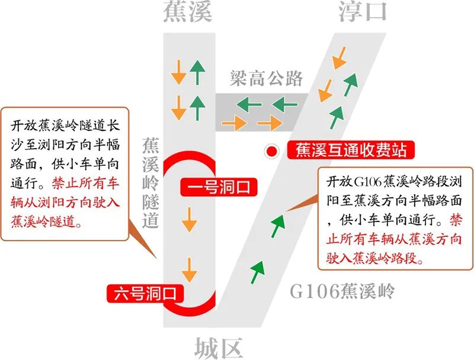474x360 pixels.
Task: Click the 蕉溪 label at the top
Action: point(188,11)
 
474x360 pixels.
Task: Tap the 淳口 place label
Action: point(363,11)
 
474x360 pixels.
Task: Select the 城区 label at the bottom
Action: point(218,348)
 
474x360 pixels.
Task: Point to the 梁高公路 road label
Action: point(266,78)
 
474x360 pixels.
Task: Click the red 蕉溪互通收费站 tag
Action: point(351,150)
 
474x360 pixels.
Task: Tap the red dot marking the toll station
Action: point(272,151)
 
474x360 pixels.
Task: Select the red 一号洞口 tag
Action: point(219,187)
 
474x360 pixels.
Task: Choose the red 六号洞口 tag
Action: point(145,293)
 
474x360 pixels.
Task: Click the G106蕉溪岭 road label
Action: point(342,291)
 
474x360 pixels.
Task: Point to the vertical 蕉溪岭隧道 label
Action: point(150,183)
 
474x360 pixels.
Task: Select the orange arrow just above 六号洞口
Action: point(189,270)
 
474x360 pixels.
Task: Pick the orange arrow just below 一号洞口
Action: point(189,220)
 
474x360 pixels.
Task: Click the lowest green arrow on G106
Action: point(257,272)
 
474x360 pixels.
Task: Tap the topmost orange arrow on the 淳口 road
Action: point(340,58)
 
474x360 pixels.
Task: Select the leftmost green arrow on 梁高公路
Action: point(249,105)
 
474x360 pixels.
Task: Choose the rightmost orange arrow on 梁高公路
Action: point(270,123)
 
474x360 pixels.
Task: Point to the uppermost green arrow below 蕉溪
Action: point(197,72)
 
